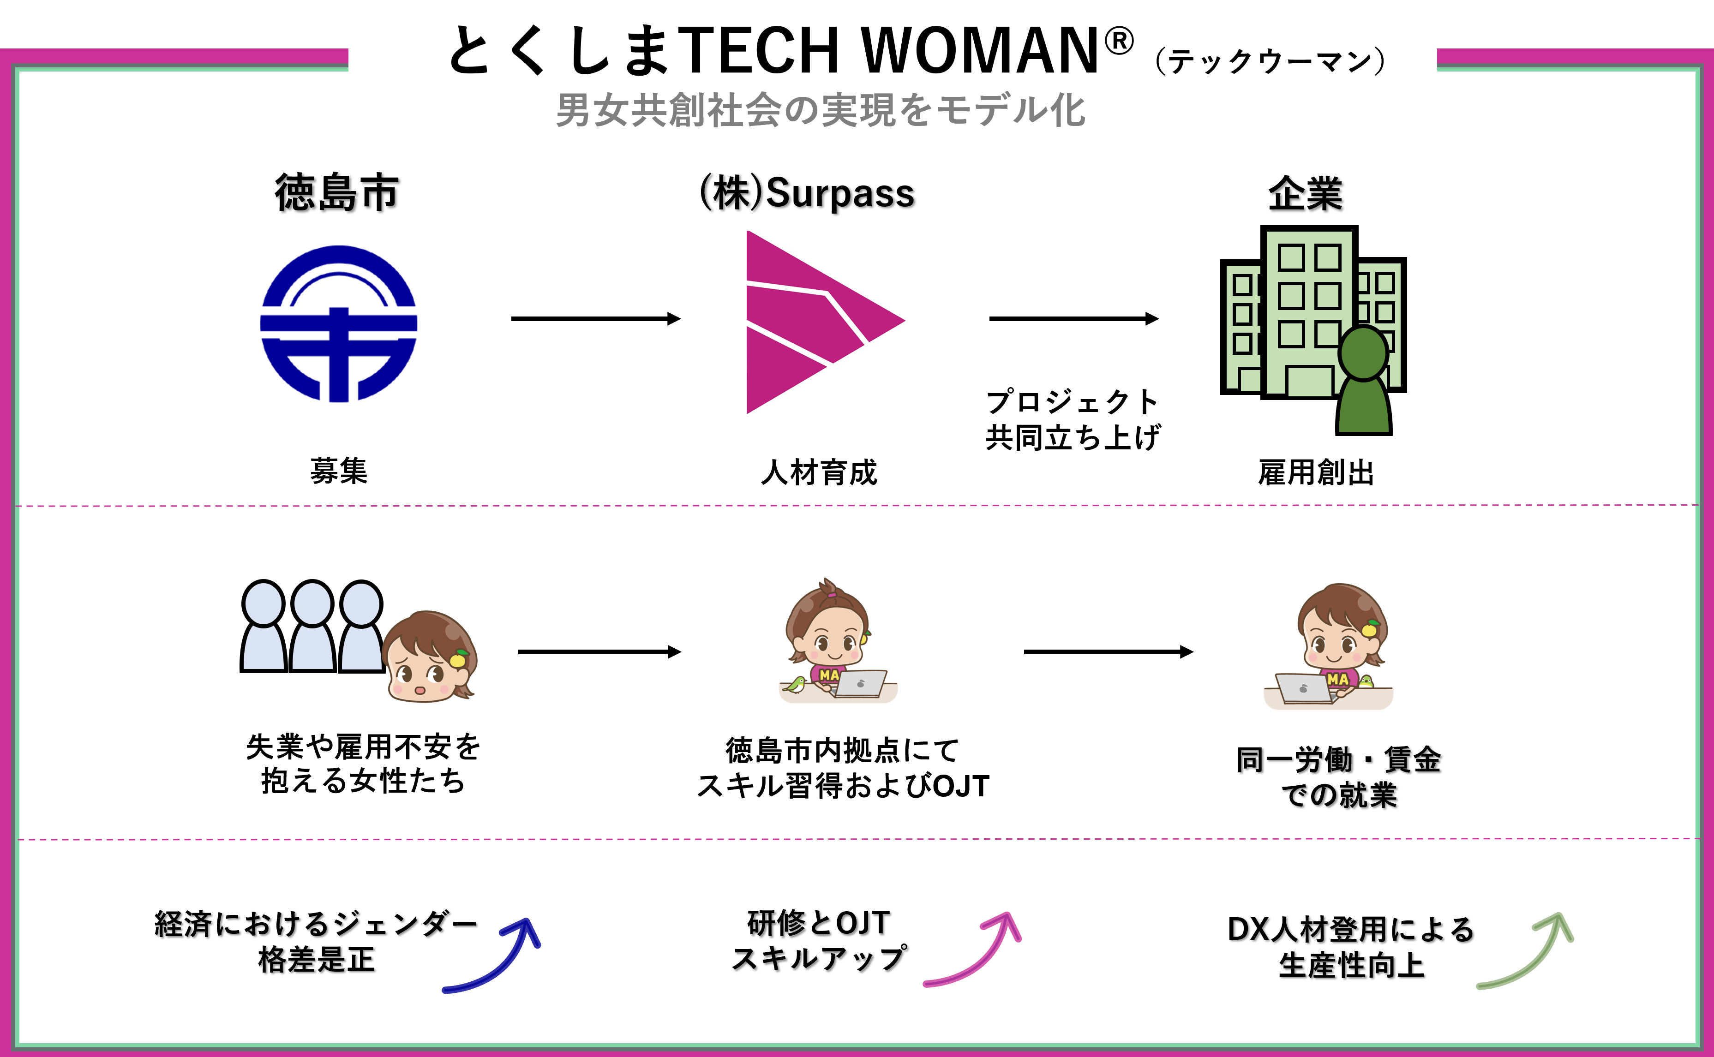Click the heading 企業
1306,194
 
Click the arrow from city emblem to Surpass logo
596,319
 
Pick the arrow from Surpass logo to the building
1073,319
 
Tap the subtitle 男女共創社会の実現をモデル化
820,110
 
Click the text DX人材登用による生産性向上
1351,947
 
